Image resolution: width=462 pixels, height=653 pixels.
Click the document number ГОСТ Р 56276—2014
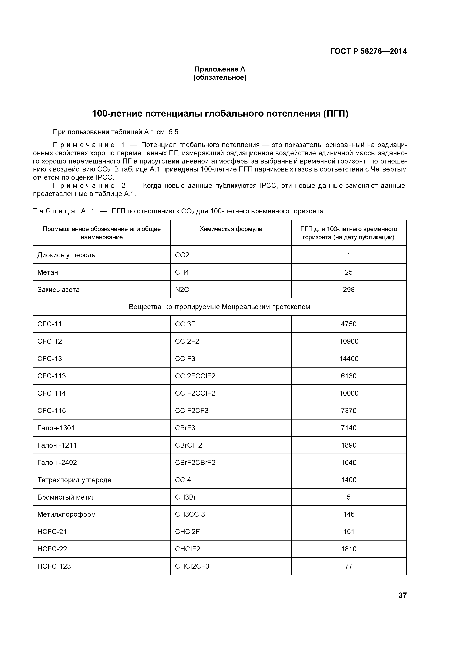(x=368, y=51)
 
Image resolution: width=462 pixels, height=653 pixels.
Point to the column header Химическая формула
(x=231, y=229)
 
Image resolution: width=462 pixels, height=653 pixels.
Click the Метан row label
(x=48, y=272)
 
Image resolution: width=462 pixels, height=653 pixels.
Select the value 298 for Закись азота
(x=348, y=290)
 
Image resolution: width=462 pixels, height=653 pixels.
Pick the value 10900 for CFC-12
(x=348, y=341)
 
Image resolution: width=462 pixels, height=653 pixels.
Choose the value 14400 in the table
(x=348, y=359)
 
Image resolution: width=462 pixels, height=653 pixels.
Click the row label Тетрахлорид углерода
(x=74, y=480)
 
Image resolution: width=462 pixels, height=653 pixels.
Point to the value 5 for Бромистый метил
(x=348, y=497)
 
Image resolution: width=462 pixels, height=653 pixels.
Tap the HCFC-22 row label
(x=52, y=549)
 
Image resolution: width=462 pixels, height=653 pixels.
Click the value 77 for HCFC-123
(x=348, y=567)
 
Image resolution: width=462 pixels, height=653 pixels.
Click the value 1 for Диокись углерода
(x=348, y=255)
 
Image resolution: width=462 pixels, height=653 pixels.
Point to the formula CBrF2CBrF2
(x=195, y=463)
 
